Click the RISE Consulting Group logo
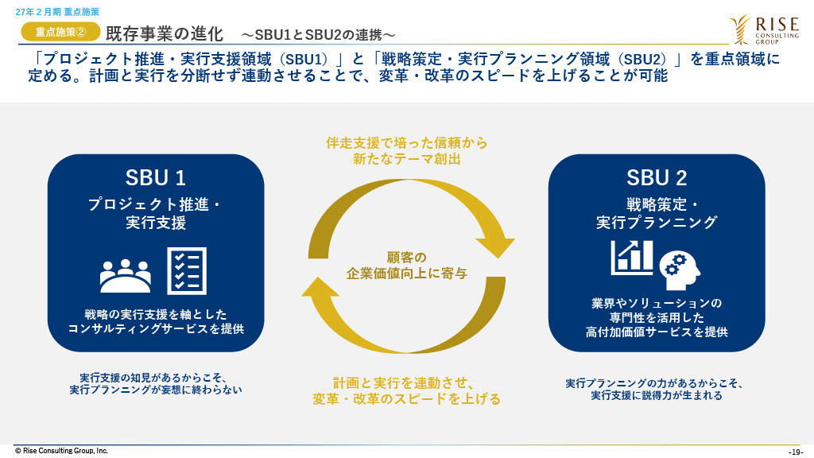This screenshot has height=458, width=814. (764, 29)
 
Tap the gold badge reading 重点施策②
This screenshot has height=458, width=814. (60, 32)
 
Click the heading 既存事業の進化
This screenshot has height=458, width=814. (165, 34)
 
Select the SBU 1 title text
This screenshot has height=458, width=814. (155, 178)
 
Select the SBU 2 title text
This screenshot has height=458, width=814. (657, 178)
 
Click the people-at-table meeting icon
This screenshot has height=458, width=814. (126, 275)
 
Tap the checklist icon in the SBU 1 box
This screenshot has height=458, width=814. (187, 271)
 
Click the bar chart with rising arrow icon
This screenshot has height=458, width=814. (632, 258)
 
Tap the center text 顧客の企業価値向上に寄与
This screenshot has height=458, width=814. (407, 266)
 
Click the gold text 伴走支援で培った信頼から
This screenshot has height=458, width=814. (407, 143)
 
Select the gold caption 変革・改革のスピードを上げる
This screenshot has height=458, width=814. (406, 399)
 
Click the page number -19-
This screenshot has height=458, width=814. (796, 452)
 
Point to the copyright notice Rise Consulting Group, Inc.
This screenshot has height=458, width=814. (61, 451)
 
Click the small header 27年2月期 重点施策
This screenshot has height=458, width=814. (57, 12)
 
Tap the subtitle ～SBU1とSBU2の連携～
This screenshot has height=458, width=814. (318, 35)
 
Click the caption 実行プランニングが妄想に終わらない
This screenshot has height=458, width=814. (156, 390)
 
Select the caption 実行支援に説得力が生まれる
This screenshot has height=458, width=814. (657, 395)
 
